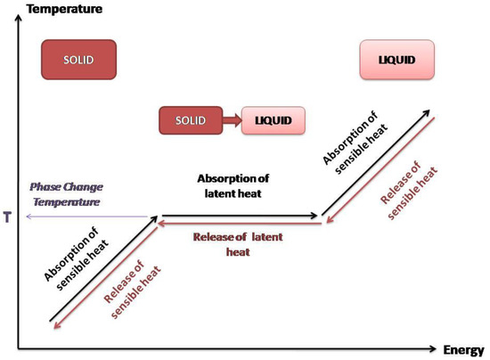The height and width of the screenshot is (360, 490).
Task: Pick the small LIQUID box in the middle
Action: click(273, 119)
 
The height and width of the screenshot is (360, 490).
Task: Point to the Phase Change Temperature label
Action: click(67, 194)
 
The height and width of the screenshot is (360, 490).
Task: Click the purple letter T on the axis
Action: click(8, 216)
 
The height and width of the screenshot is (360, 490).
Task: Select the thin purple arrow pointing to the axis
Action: click(89, 216)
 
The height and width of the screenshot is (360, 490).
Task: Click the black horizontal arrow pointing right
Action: click(241, 216)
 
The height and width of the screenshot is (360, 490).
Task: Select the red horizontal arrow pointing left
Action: click(241, 225)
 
